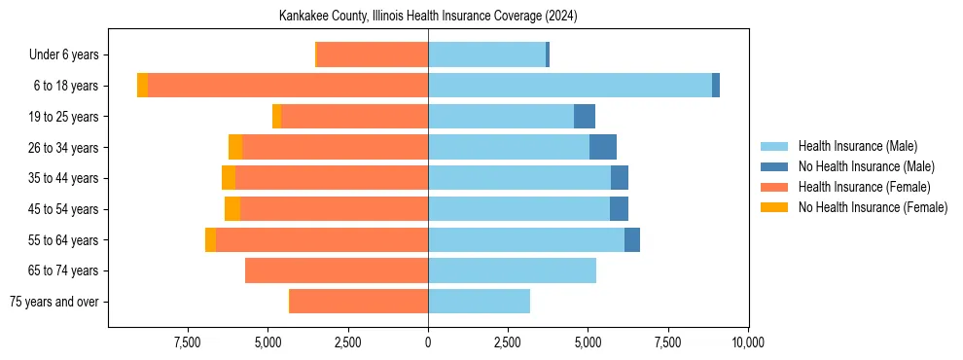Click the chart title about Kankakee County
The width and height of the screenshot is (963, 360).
428,17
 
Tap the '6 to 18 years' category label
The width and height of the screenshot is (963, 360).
66,86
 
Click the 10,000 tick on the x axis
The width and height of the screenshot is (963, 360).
747,342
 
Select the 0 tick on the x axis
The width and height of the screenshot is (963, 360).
428,342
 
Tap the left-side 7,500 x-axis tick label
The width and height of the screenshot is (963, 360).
187,342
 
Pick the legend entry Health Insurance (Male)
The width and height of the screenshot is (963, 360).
857,147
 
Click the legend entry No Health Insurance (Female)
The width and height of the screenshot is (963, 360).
873,207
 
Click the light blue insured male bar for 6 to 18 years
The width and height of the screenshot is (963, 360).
570,86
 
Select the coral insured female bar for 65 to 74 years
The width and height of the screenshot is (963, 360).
337,270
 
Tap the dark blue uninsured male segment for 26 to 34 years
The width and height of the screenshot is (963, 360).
603,147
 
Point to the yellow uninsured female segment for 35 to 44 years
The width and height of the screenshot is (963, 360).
229,178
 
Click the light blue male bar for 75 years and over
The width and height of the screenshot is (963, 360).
479,302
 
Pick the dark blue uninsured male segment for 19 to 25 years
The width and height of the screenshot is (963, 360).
585,117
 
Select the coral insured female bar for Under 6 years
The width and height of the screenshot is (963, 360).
373,55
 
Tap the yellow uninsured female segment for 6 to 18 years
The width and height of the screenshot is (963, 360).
143,86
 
